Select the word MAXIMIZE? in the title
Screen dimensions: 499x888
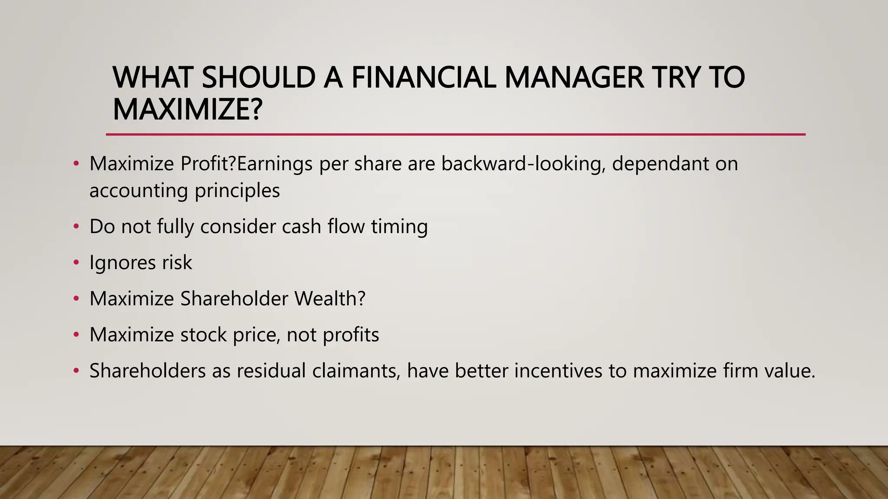(x=187, y=110)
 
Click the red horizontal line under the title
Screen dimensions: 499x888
(x=455, y=135)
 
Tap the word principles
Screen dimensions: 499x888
(x=237, y=191)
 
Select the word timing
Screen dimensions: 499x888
(x=399, y=227)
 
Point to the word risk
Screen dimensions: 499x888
(x=177, y=262)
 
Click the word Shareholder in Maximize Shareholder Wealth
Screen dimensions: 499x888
(x=234, y=298)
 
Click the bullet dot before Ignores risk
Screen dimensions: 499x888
(x=76, y=262)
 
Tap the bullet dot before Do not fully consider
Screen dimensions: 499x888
(x=76, y=227)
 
